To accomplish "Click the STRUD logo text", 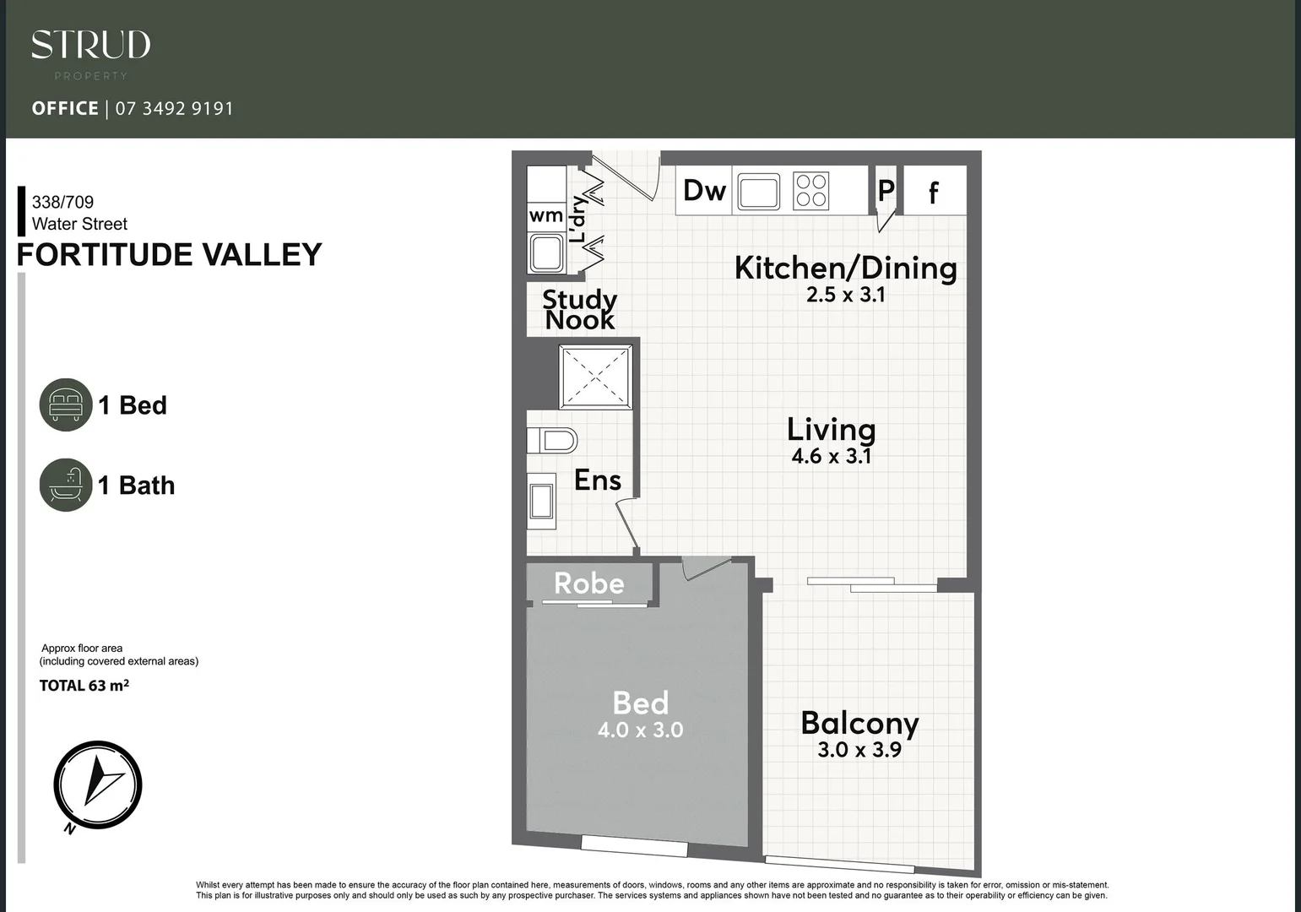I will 90,46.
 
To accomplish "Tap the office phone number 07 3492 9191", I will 174,109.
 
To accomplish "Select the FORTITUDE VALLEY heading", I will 170,255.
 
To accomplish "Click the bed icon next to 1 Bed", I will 65,404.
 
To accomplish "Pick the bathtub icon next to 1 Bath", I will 65,485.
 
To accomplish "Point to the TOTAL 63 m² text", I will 84,686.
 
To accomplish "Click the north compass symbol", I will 97,784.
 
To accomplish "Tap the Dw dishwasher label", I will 704,191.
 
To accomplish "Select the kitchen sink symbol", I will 759,192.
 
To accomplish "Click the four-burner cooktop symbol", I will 811,191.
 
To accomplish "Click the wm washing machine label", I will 545,215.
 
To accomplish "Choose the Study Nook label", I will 579,309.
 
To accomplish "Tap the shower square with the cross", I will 595,377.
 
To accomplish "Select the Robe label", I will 588,584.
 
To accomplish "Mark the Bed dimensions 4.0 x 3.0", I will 640,730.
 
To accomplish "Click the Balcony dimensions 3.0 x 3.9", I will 859,750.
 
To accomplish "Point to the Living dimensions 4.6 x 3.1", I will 831,457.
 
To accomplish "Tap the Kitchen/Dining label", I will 845,268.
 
